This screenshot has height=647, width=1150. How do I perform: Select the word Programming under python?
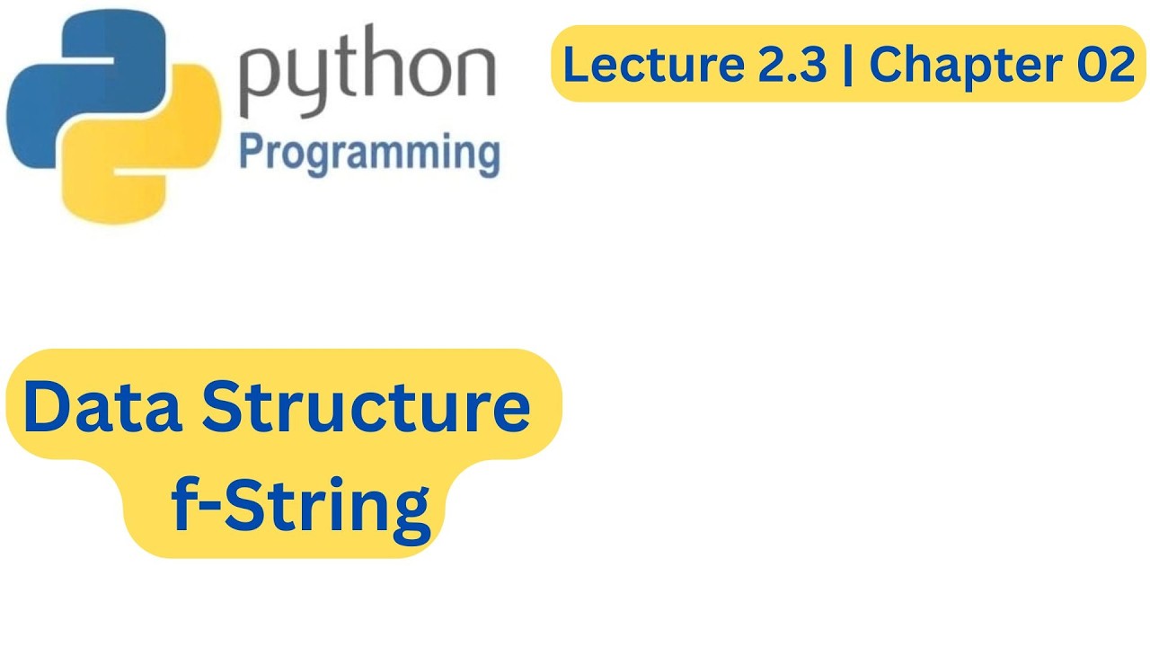click(369, 154)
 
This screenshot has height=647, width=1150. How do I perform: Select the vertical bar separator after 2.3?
click(847, 65)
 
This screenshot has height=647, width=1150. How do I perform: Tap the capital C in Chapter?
click(886, 65)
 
